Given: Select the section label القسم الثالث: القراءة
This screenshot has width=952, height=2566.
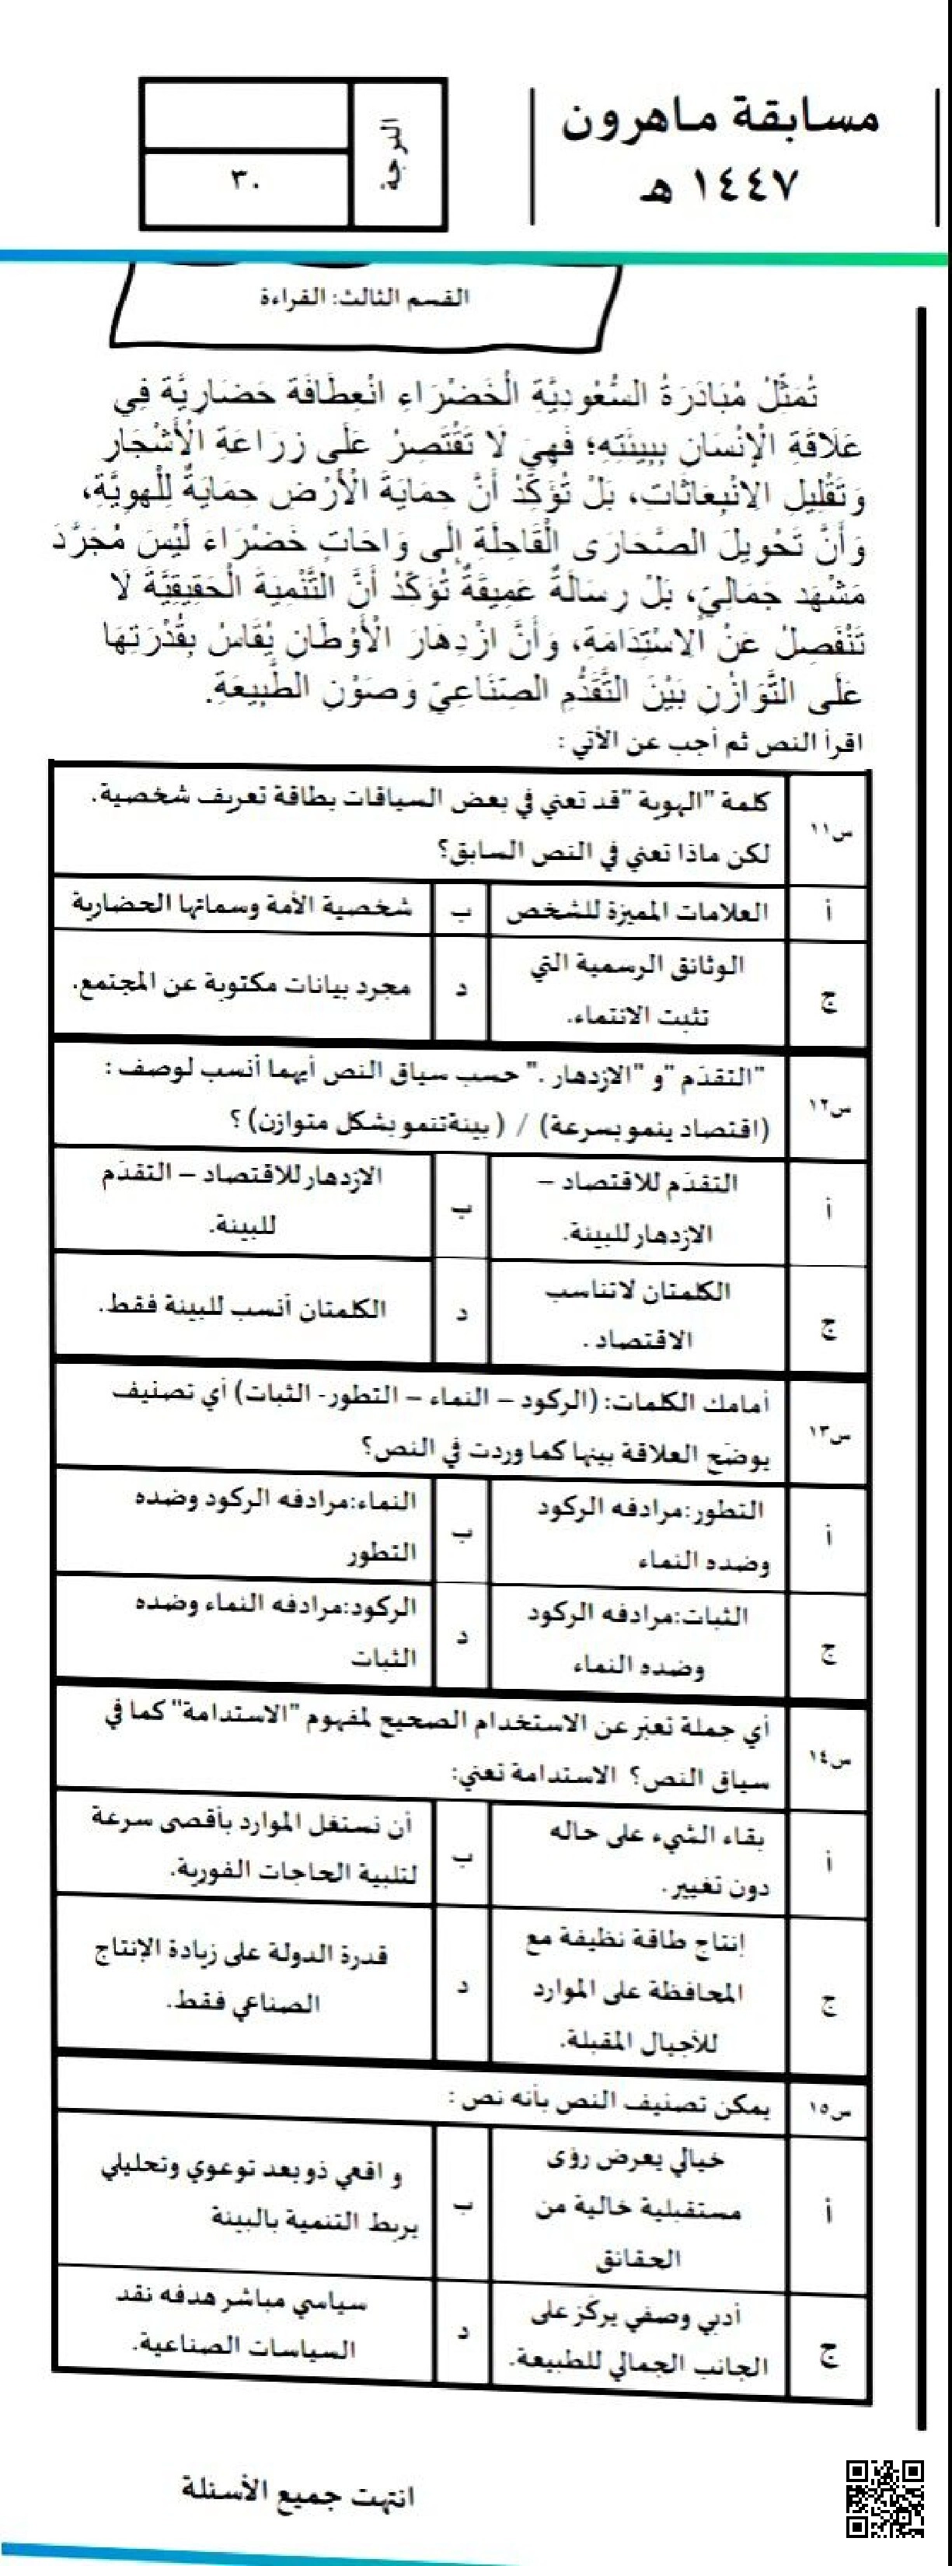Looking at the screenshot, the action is coord(364,297).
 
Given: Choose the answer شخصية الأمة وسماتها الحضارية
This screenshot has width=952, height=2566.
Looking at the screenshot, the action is coord(242,907).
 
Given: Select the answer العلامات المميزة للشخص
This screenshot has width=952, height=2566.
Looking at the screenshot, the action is coord(637,911).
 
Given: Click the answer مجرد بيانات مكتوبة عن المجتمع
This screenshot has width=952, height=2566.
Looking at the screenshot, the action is coord(242,986).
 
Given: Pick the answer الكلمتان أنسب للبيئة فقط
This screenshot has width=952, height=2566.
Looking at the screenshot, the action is coord(242,1307).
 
